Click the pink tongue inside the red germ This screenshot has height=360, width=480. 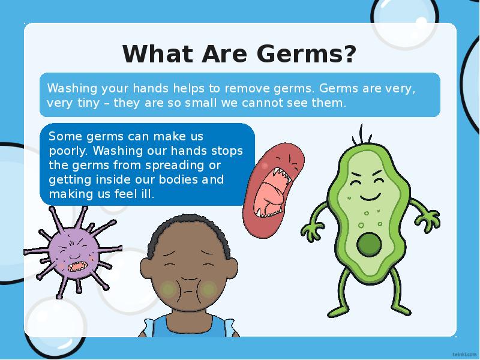[268, 193]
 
